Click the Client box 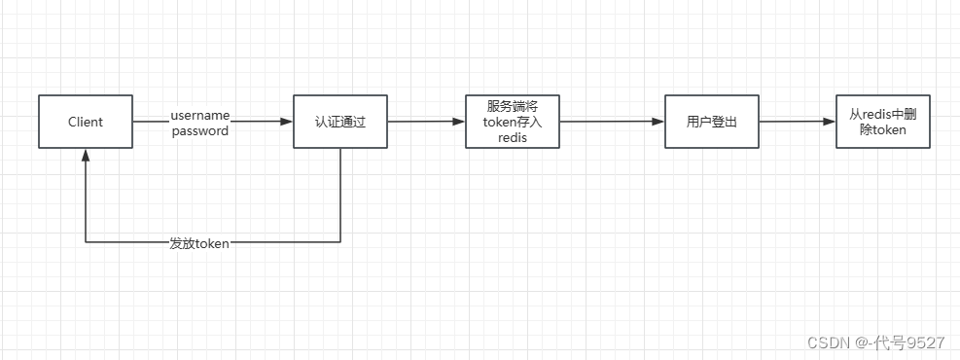[86, 122]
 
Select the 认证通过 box [340, 122]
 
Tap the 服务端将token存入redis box [513, 122]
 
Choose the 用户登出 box [711, 122]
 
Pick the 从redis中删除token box [883, 122]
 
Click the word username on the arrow [200, 115]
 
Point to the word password [200, 130]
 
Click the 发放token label [199, 243]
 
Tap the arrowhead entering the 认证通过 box [287, 122]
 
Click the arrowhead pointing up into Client [86, 154]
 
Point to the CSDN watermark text [828, 342]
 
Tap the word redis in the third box [513, 138]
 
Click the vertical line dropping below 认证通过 [340, 195]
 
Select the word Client [86, 122]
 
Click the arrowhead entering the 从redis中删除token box [830, 122]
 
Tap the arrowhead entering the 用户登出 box [658, 122]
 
